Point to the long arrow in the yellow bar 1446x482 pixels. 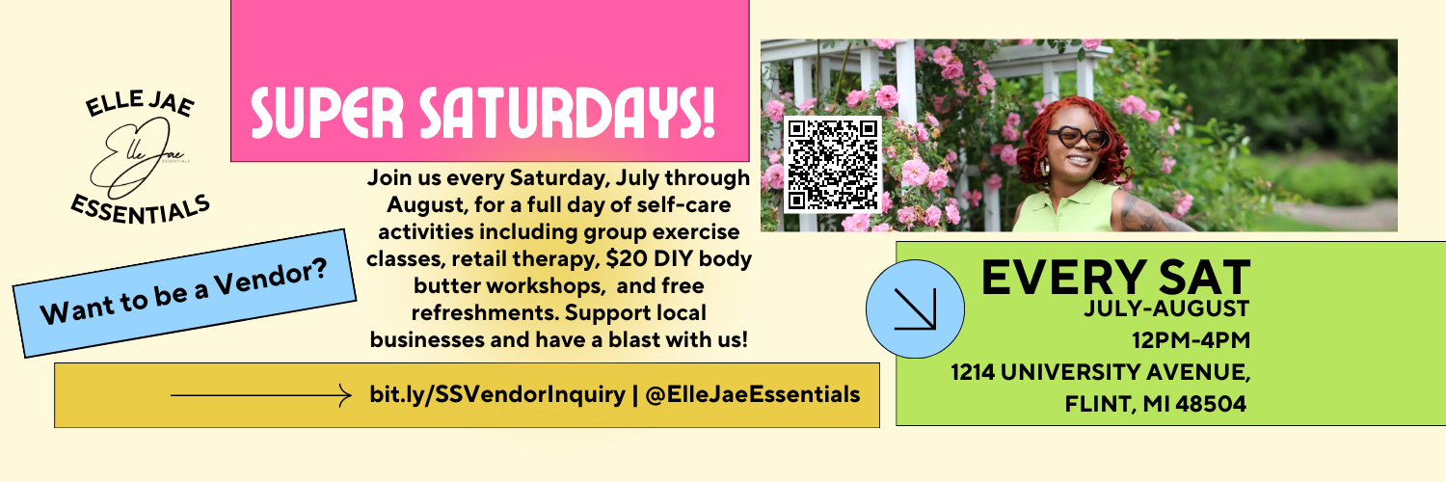(260, 394)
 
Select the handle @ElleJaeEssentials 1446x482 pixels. (750, 394)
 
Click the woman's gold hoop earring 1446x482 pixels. (1041, 171)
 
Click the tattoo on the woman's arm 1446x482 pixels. (1147, 214)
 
